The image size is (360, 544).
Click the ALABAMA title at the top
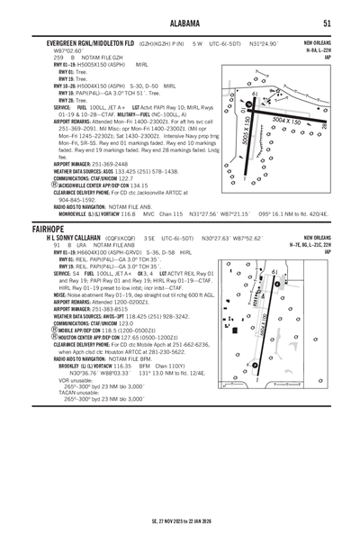point(179,23)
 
